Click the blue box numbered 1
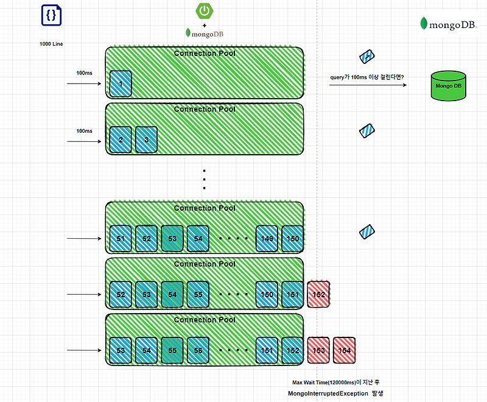pos(121,83)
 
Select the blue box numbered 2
pos(121,139)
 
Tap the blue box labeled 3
pos(146,139)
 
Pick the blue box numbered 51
pos(121,239)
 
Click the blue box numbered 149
pos(267,239)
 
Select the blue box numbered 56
pos(198,351)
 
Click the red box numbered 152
pos(318,295)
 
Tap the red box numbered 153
pos(318,351)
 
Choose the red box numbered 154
pos(344,351)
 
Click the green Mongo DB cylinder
pos(449,86)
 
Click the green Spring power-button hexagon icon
pos(204,11)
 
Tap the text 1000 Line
pos(52,44)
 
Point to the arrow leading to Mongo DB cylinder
pos(368,85)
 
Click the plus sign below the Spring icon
pos(204,25)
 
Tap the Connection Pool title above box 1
pos(204,54)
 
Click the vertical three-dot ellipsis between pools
pos(204,180)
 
